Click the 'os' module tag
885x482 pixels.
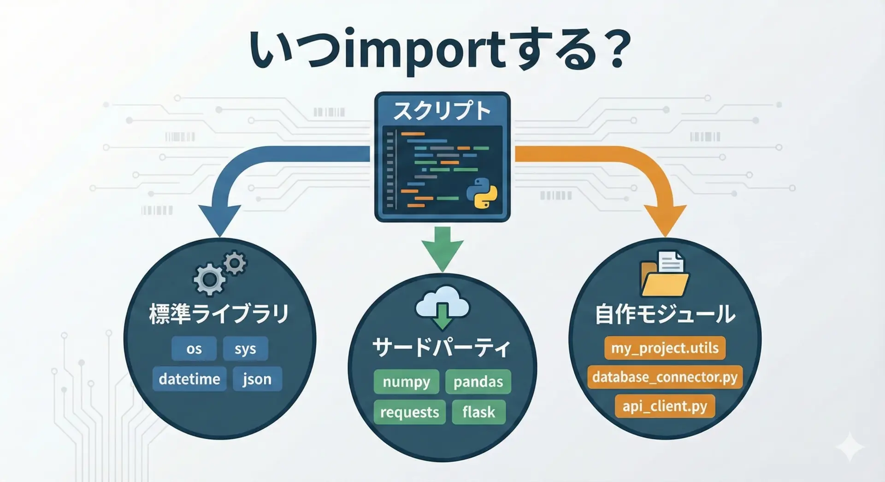194,349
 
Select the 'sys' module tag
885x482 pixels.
245,349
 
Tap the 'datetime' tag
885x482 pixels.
189,379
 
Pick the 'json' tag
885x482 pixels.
257,379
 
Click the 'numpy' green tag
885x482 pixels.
406,382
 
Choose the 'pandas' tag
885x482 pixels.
478,382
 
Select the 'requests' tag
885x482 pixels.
409,412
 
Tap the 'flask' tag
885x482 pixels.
478,412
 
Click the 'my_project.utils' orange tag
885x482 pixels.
665,348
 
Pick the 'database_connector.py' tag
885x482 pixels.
665,377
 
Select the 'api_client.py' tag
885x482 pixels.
665,406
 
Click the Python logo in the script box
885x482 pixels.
482,193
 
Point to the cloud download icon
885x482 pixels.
442,307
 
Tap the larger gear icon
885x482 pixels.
209,279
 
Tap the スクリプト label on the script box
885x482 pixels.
442,111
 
